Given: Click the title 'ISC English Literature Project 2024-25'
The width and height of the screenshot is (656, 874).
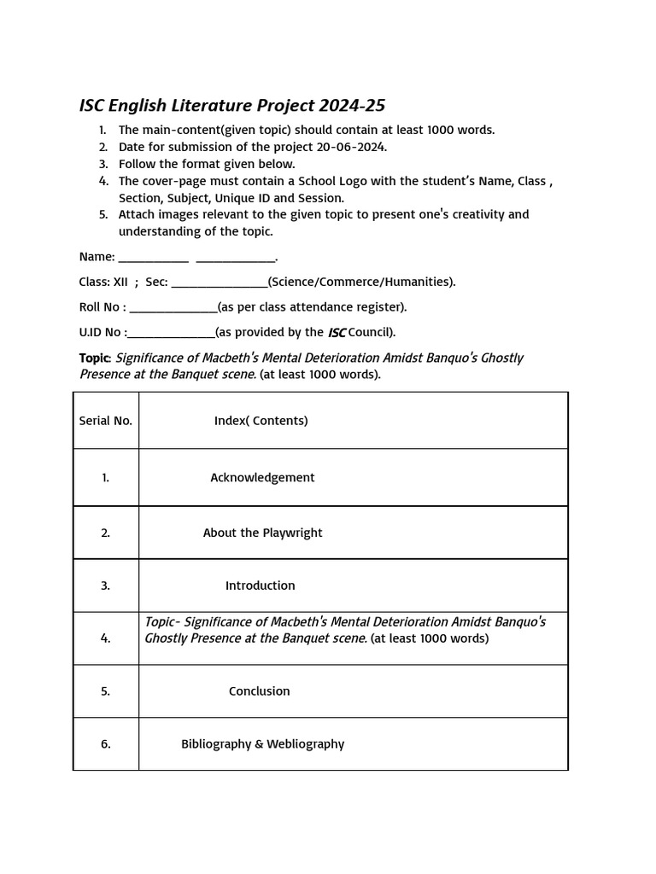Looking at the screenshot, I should [x=232, y=106].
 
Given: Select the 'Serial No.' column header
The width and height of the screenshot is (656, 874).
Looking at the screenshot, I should [x=106, y=421].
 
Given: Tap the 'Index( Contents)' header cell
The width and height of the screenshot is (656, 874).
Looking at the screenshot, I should [x=261, y=421].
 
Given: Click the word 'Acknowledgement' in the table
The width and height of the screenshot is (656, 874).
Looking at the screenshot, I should [x=262, y=478].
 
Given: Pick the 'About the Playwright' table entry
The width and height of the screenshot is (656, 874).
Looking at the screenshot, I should [x=262, y=533].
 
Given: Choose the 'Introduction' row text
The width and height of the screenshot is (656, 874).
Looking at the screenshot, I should [x=260, y=586].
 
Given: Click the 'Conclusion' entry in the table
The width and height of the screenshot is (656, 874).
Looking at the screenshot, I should [x=259, y=691].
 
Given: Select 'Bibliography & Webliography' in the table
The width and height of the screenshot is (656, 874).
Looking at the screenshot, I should [x=262, y=744].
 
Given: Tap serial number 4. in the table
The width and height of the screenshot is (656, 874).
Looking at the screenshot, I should [x=106, y=638].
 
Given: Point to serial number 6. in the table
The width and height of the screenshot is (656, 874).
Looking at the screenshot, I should [x=106, y=744].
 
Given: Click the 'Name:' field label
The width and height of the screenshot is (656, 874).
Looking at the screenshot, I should [x=97, y=257].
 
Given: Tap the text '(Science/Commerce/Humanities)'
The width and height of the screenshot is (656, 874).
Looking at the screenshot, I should [x=361, y=283].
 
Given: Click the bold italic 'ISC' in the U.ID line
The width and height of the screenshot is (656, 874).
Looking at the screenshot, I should [x=337, y=333].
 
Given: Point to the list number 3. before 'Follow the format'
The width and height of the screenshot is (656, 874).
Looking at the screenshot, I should [x=102, y=164].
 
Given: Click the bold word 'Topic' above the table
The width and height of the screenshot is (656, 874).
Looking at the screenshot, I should [x=94, y=358].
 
